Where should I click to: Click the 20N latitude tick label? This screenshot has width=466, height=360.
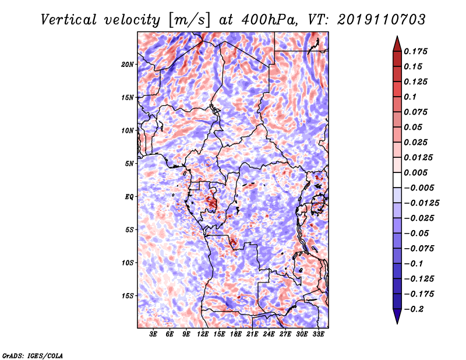tap(128, 65)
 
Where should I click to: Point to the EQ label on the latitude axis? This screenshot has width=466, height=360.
tap(129, 197)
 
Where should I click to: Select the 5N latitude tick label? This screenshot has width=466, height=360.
tap(129, 164)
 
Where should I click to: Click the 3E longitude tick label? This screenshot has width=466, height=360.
tap(153, 334)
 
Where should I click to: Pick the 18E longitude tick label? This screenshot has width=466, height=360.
tap(236, 334)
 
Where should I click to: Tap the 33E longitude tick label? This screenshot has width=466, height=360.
tap(318, 334)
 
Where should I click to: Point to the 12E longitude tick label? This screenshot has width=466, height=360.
tap(203, 334)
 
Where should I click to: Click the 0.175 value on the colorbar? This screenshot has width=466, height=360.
tap(415, 51)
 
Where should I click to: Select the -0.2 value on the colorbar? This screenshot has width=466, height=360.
tap(414, 309)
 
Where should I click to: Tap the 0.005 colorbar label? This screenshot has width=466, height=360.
tap(415, 172)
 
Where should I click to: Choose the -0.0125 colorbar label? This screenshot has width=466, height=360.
tap(421, 203)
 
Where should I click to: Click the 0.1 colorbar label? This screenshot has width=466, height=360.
tap(410, 97)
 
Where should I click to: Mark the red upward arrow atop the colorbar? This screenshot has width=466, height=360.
tap(397, 44)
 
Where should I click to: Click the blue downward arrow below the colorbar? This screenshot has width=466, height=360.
tap(397, 316)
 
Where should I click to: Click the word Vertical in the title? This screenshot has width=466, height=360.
tap(68, 20)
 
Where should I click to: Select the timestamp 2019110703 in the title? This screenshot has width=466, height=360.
tap(382, 20)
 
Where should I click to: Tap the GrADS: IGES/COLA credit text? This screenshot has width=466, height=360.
tap(33, 355)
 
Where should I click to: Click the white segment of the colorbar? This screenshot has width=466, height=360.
tap(397, 180)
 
